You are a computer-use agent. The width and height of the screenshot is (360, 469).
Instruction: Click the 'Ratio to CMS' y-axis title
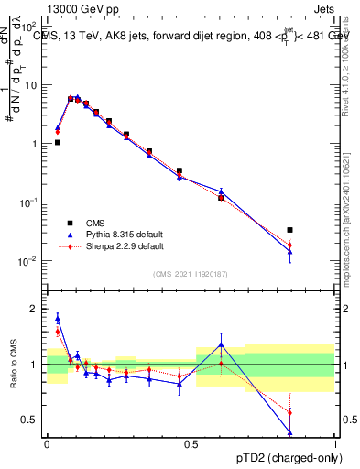[x=14, y=365]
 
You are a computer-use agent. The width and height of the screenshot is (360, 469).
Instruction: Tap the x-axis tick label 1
[x=335, y=443]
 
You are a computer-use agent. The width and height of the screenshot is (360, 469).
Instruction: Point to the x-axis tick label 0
[x=47, y=443]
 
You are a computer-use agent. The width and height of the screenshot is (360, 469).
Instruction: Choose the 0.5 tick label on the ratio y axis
[x=33, y=420]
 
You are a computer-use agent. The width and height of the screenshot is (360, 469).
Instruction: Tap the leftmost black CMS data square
[x=57, y=142]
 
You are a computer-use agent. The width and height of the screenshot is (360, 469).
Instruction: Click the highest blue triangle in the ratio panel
[x=57, y=319]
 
